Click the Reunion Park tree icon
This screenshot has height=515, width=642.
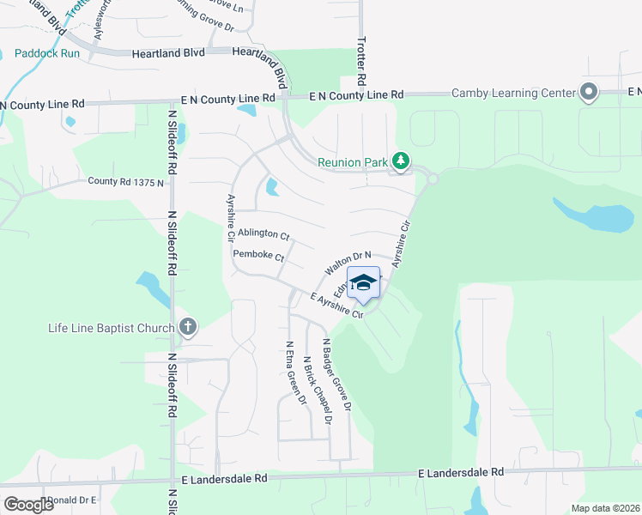pos(400,161)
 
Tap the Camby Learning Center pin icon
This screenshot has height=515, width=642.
pos(589,92)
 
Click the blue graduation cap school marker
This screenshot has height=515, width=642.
pos(363,285)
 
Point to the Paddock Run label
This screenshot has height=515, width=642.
pos(47,53)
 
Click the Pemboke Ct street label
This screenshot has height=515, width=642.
pos(258,255)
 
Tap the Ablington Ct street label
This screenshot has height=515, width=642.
pos(263,233)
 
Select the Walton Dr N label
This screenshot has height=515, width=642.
pos(348,263)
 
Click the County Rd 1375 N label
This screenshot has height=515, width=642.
pos(125,182)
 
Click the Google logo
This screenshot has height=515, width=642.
pos(29,504)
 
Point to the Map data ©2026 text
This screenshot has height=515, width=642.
pos(604,508)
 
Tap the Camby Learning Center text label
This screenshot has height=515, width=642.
pos(512,93)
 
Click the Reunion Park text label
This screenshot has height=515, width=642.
pos(353,161)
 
